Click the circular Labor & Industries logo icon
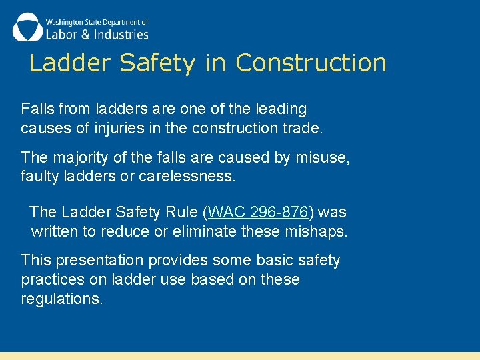coord(27,27)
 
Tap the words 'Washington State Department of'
coord(97,21)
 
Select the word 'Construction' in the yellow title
coord(311,63)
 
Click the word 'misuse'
coord(325,158)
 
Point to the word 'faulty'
coord(39,177)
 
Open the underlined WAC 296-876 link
coord(258,212)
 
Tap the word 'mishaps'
coord(320,231)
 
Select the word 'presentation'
coord(100,260)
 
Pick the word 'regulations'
coord(61,299)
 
